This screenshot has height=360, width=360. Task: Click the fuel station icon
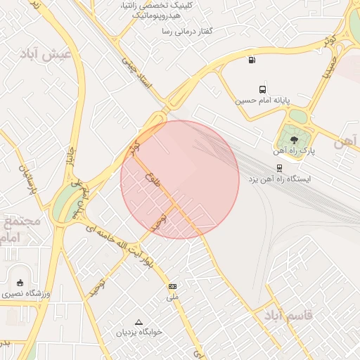pos(252,60)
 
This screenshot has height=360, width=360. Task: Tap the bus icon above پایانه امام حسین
pos(262,89)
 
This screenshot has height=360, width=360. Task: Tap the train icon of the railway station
pos(279,168)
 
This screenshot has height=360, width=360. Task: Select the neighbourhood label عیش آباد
pos(47,54)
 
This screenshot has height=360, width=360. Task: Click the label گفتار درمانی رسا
pos(187,32)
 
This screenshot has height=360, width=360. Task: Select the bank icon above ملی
pos(172,287)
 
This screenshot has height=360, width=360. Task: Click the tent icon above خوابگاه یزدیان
pos(139,321)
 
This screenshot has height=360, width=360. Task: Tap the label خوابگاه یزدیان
pos(139,332)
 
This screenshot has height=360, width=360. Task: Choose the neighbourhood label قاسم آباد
pos(288,315)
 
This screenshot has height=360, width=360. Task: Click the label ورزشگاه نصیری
pos(24,292)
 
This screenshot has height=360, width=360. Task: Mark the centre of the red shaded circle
pos(180,179)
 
